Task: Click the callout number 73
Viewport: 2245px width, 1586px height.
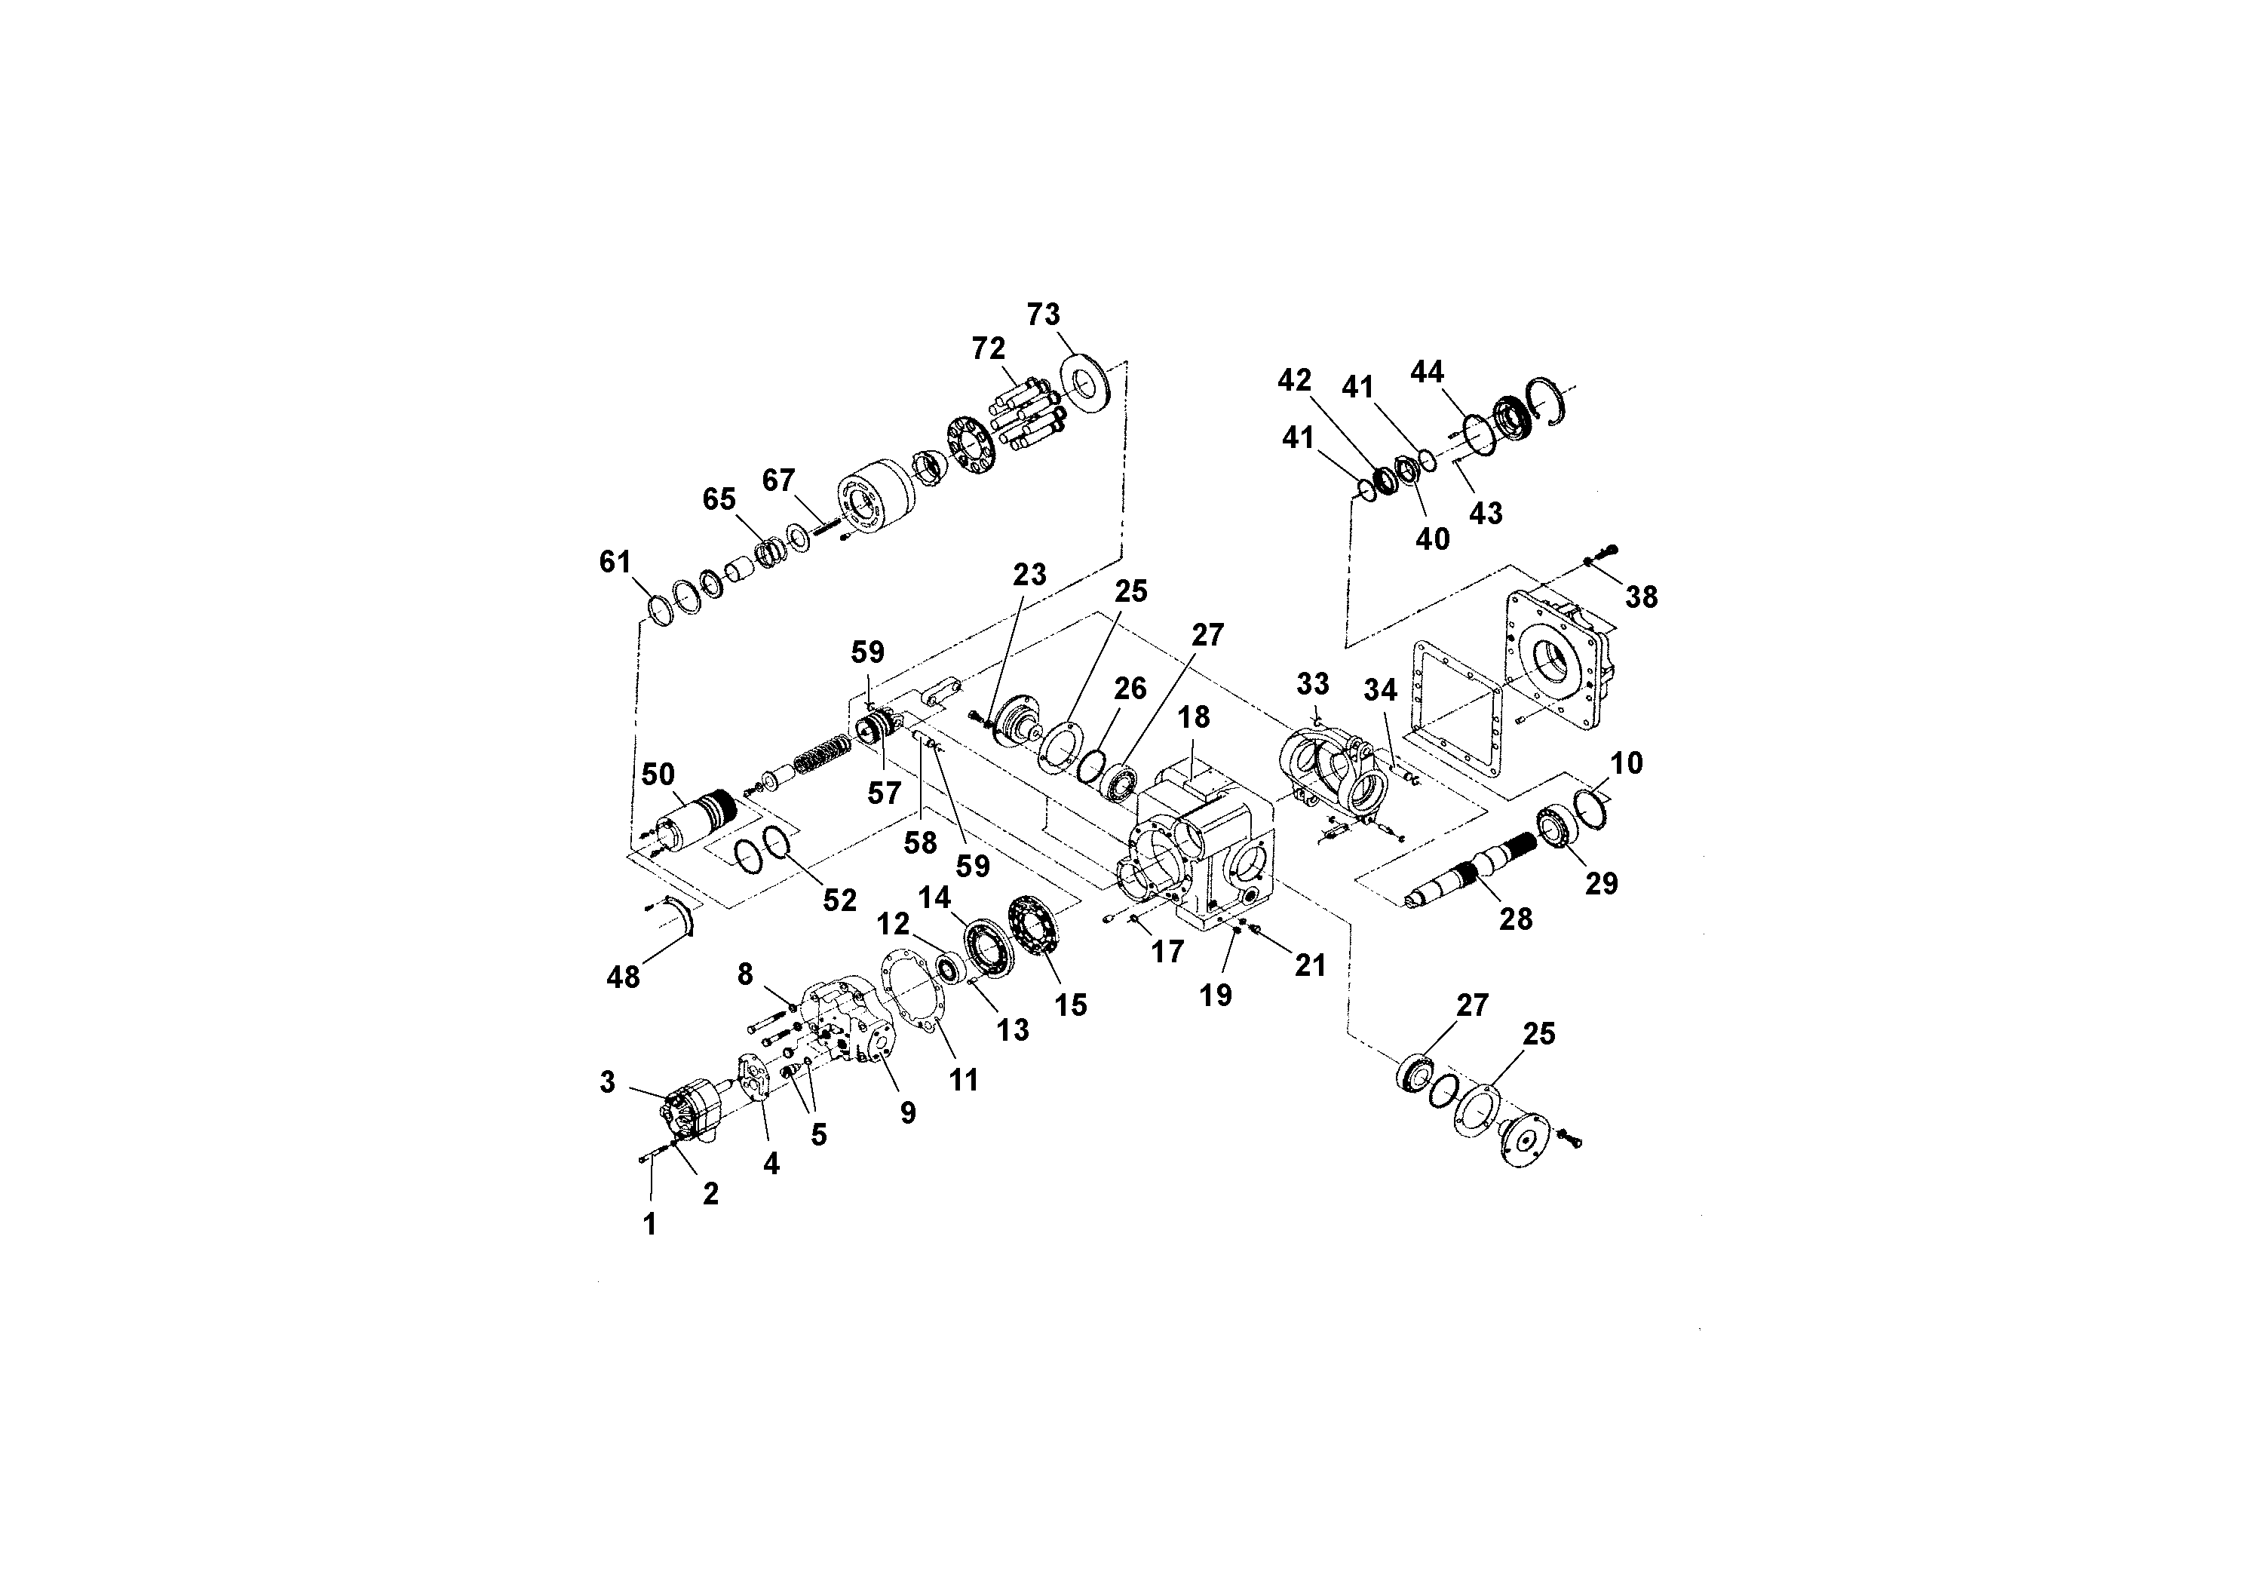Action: (x=1043, y=314)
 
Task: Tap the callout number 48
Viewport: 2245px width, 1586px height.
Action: (x=624, y=976)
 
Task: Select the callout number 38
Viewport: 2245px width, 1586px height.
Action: (x=1642, y=597)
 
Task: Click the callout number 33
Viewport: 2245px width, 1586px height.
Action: (x=1313, y=683)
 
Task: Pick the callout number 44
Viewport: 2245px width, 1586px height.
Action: (x=1427, y=372)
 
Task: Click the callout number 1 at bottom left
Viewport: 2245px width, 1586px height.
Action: (x=650, y=1223)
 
